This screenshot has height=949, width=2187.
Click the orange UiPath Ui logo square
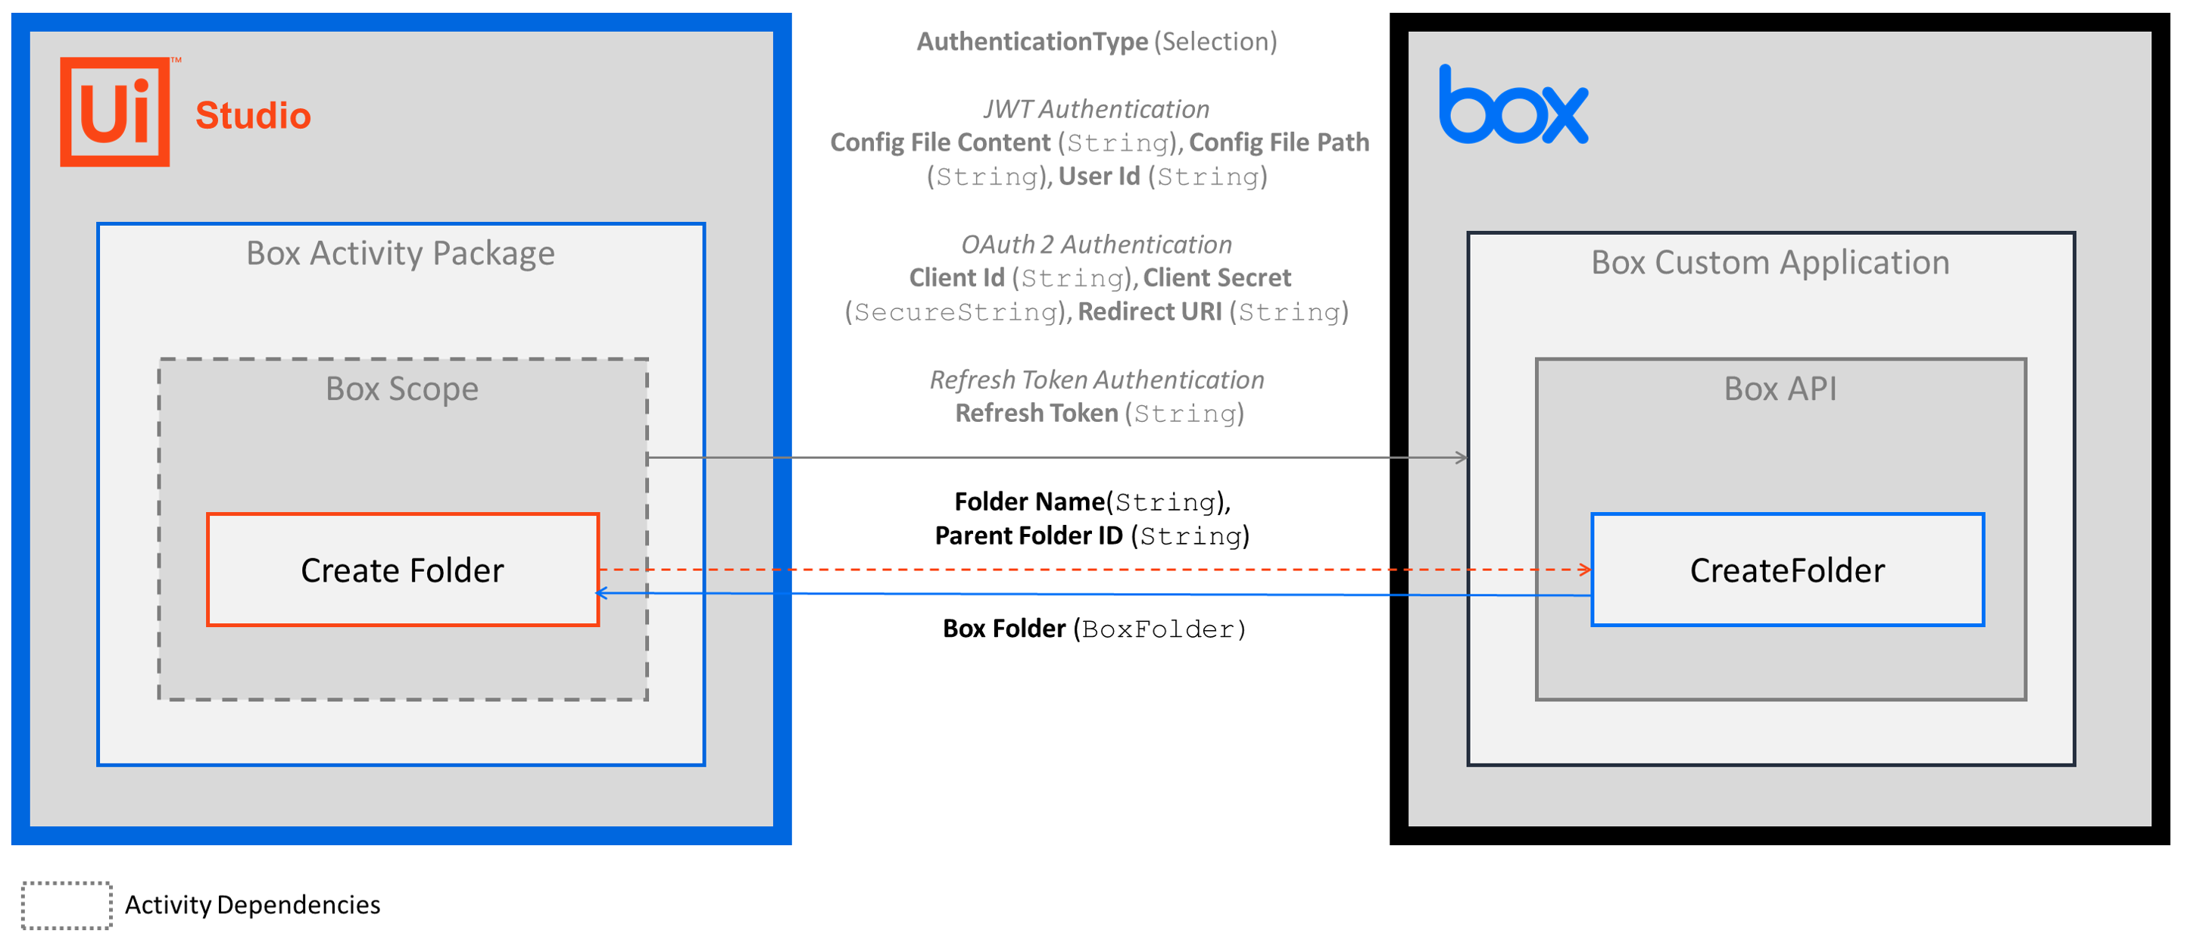(114, 111)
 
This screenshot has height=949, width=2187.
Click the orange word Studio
(253, 115)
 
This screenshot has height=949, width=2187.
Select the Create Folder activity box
(402, 570)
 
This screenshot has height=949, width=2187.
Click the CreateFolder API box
(1787, 570)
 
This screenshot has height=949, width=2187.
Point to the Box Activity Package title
(401, 253)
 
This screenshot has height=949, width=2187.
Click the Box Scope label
(402, 389)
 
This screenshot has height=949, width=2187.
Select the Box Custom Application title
(1771, 262)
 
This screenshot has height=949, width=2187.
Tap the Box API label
(1780, 389)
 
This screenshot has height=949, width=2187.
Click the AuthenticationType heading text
(1032, 42)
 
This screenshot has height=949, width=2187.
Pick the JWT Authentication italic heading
(1096, 108)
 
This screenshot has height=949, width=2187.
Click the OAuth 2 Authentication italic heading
(1096, 245)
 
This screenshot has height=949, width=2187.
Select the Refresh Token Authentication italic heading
(1097, 379)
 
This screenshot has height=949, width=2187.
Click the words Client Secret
(1217, 277)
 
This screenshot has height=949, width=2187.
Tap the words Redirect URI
(1150, 311)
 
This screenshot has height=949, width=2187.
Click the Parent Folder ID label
(1028, 535)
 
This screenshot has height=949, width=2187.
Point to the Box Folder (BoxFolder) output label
(1094, 628)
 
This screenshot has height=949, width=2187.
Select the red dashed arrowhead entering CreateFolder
(1585, 570)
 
